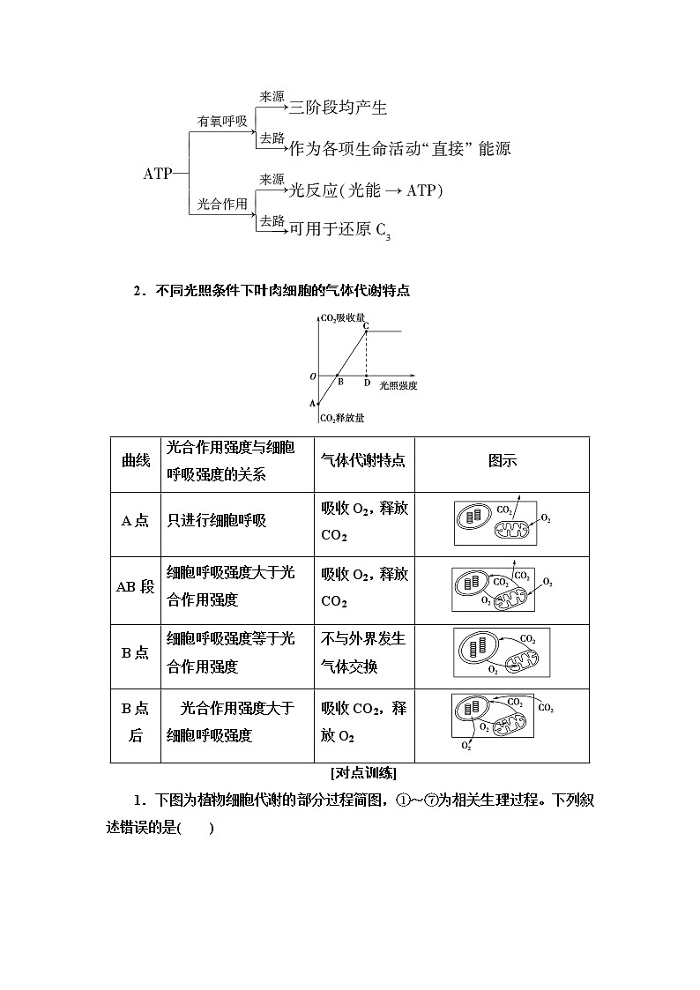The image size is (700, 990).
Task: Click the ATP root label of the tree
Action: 158,174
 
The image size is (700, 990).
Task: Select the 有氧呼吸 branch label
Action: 222,121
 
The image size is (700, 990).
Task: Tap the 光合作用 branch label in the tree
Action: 222,204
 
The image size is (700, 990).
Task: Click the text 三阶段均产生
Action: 339,108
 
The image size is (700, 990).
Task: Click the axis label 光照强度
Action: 398,385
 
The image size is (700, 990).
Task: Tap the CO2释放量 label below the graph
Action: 342,418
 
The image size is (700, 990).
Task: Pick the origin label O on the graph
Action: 312,376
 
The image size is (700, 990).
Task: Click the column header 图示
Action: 502,460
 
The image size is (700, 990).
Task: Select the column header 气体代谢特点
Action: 363,460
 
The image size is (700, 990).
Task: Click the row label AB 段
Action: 135,587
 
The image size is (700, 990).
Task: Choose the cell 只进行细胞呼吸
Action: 217,520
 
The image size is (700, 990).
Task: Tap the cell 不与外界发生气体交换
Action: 363,652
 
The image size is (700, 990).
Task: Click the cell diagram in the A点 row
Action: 502,523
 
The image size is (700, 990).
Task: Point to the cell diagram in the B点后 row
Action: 503,722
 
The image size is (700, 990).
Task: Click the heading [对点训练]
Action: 363,773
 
